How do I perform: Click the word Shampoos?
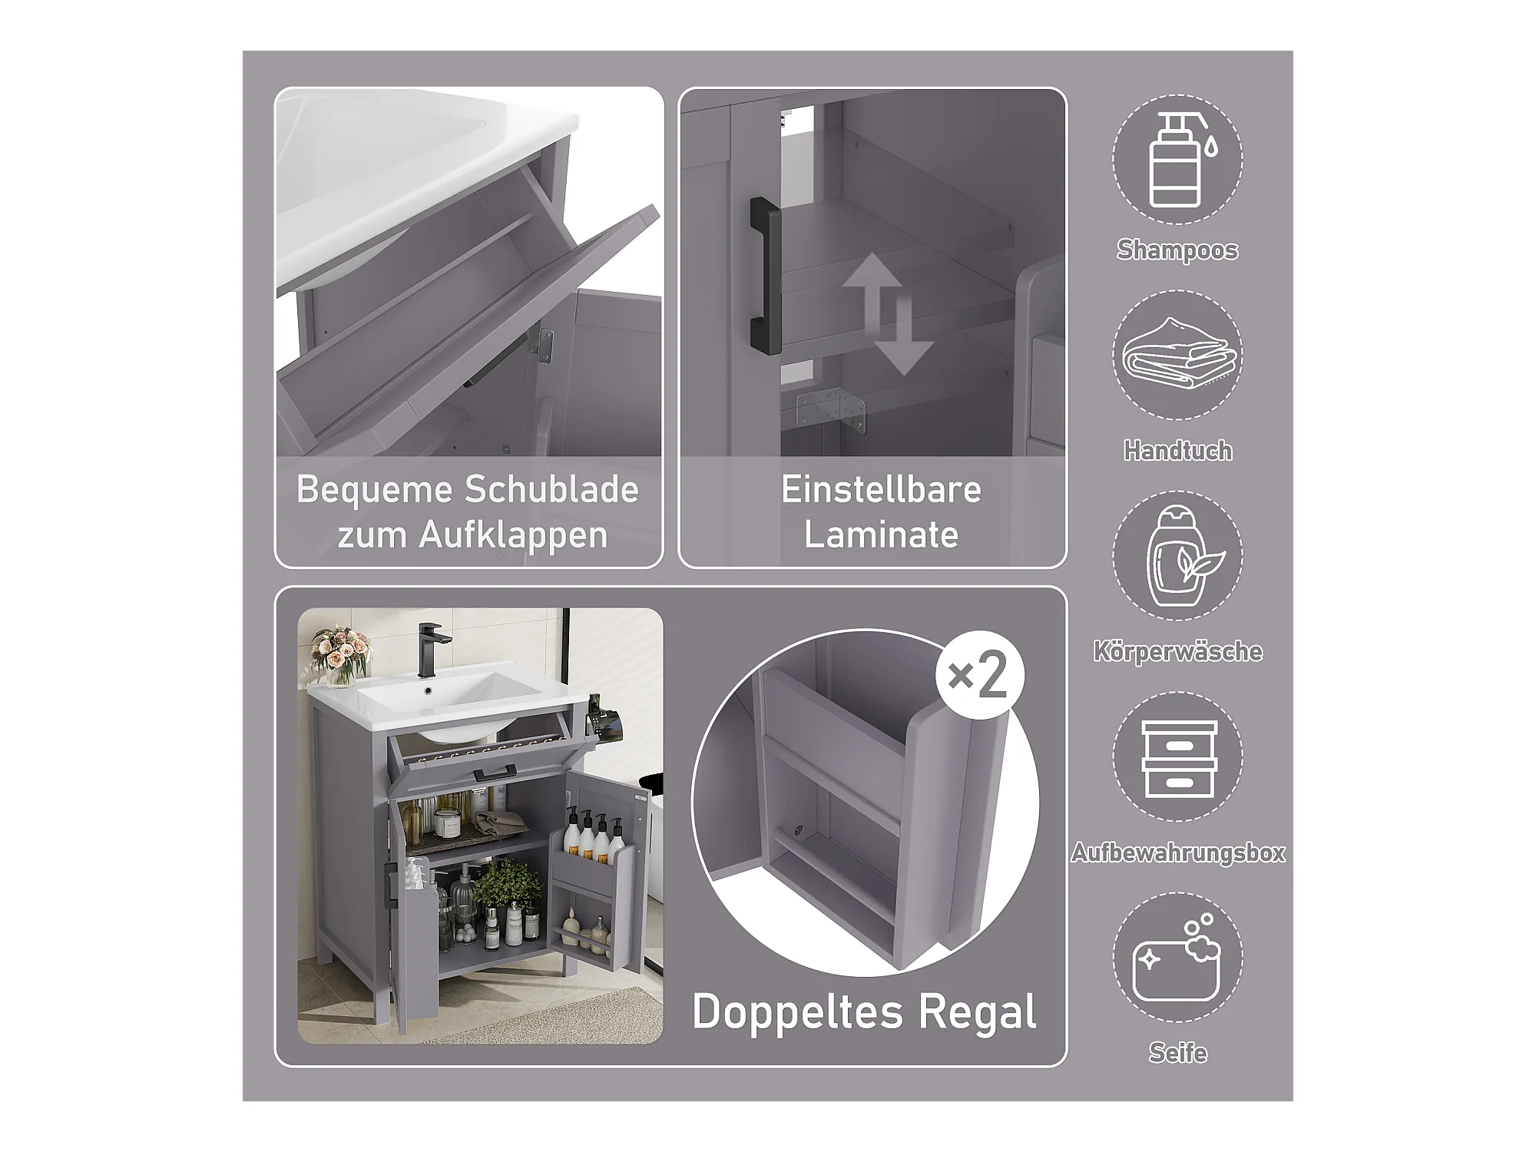click(x=1177, y=250)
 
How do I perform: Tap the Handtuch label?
click(x=1178, y=450)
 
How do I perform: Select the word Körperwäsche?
click(x=1178, y=651)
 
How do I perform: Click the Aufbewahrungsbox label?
click(x=1178, y=852)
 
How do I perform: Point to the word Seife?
click(x=1178, y=1052)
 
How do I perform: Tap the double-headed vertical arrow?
click(x=887, y=314)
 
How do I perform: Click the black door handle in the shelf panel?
click(x=765, y=276)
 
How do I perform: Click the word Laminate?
click(x=882, y=535)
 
